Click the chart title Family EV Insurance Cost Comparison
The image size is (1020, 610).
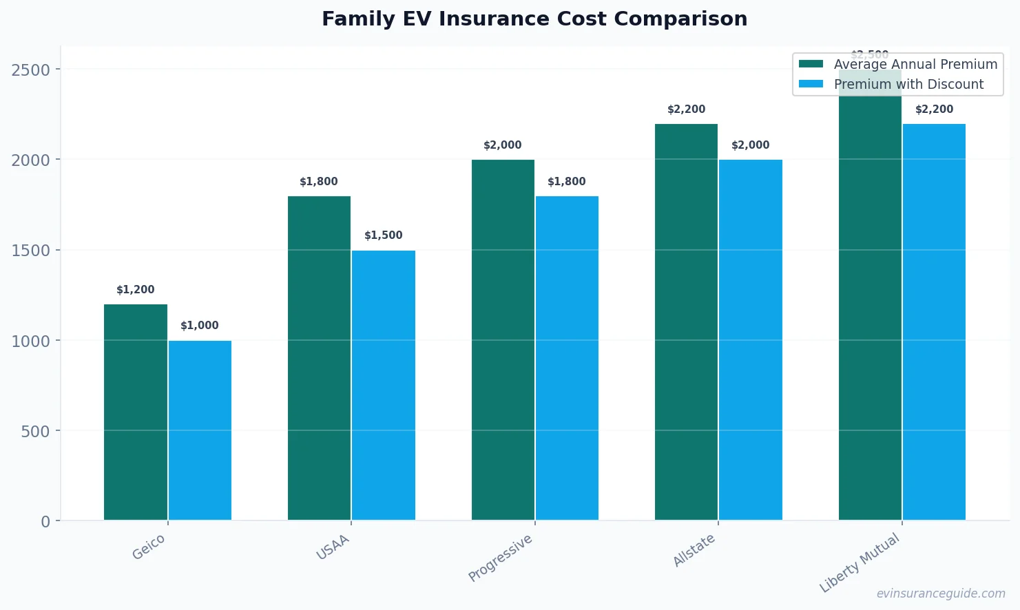[534, 19]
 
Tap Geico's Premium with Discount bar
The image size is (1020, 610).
[200, 430]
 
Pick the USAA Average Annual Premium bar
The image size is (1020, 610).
[319, 358]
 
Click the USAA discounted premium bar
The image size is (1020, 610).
[384, 385]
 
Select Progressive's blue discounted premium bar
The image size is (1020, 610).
[567, 358]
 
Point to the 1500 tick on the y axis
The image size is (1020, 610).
[31, 251]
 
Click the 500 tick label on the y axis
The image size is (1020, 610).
[36, 432]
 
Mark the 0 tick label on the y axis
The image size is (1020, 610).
[45, 522]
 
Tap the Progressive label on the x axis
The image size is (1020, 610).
[501, 558]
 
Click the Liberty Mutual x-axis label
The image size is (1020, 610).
[860, 562]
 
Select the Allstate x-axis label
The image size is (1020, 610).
[694, 550]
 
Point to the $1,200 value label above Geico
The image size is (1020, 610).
[136, 290]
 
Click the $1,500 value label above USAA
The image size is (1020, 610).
[384, 235]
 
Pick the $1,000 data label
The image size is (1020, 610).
[200, 326]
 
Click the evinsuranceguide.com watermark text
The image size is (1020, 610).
[941, 593]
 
